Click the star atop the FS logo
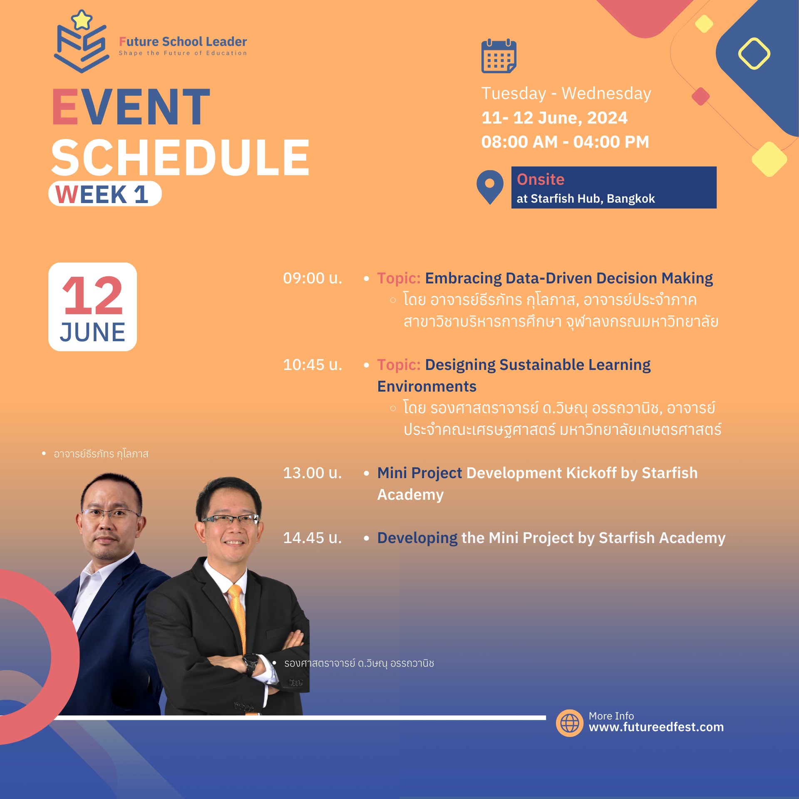(82, 20)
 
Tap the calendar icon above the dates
(499, 56)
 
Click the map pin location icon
(490, 187)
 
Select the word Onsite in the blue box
(540, 179)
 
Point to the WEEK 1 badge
(105, 194)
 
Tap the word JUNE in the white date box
(92, 332)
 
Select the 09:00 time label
(312, 278)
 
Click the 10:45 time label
(312, 365)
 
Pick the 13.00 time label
(312, 473)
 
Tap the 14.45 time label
(312, 538)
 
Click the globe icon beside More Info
(569, 723)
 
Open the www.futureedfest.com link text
(656, 727)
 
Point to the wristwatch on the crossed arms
(251, 663)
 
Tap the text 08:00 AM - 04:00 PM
(565, 142)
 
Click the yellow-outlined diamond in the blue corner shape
(754, 54)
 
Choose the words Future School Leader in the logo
(183, 42)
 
